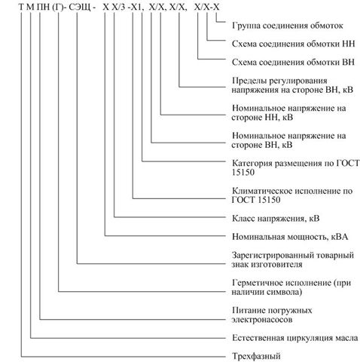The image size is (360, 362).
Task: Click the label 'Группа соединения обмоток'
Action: point(288,26)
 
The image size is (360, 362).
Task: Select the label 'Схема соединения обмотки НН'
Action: point(293,44)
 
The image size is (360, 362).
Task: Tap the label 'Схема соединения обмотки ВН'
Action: point(293,62)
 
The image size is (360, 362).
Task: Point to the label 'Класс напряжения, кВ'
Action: point(276,218)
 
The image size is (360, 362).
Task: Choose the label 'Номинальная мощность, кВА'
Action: point(290,237)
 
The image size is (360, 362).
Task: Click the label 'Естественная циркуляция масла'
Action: point(295,338)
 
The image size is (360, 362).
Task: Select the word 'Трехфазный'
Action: point(256,356)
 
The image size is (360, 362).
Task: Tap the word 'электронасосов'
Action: point(262,320)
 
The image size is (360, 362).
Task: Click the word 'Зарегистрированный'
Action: point(272,256)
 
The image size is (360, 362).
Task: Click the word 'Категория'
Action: point(252,163)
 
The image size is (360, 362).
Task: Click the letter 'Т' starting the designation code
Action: point(21,7)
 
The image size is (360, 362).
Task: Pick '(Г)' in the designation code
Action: point(57,7)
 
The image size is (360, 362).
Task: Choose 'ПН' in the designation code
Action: point(43,7)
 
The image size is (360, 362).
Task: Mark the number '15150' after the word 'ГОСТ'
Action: point(269,200)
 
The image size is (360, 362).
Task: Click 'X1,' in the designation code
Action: point(138,8)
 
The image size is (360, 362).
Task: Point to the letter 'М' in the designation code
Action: point(30,7)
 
